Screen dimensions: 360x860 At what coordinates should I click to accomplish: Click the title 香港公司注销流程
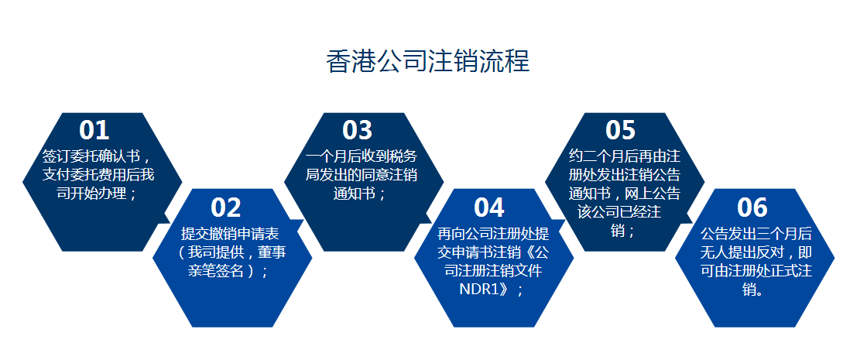coord(428,61)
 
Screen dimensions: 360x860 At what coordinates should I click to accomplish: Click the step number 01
coord(94,130)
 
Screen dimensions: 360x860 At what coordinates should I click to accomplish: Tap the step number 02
coord(226,207)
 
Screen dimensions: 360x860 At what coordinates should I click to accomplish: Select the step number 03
coord(358,130)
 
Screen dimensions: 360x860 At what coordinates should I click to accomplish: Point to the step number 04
coord(489,207)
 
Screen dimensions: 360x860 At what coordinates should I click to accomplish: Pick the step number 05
coord(621,130)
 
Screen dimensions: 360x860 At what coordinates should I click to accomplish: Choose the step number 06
coord(752,207)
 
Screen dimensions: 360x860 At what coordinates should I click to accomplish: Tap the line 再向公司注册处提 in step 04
coord(492,233)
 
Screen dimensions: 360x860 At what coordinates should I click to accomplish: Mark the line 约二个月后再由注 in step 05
coord(624,156)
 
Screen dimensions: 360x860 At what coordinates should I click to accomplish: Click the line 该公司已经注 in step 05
coord(620,211)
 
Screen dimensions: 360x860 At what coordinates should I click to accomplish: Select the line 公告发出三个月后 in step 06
coord(755,233)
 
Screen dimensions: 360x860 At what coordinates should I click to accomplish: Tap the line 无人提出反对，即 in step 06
coord(755,252)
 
